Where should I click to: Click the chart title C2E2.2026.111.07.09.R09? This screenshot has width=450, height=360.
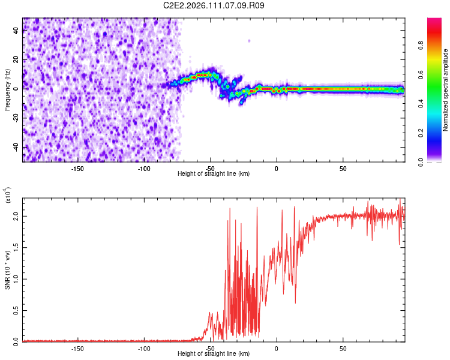click(214, 5)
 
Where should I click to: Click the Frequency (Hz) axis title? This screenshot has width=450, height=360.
click(7, 90)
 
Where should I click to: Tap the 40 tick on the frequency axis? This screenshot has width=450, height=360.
click(17, 31)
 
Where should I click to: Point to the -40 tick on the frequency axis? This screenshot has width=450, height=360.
click(17, 147)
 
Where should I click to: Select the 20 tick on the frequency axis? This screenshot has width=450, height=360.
click(17, 60)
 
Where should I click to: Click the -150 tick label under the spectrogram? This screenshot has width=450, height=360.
click(77, 169)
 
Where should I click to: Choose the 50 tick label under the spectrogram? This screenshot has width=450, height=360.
click(343, 169)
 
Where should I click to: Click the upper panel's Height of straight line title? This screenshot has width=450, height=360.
click(214, 173)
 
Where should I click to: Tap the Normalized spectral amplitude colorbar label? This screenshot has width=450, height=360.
click(445, 90)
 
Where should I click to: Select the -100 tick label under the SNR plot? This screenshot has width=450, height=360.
click(143, 349)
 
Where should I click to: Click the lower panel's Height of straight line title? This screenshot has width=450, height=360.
click(214, 353)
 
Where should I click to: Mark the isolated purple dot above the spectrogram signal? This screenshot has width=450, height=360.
click(249, 41)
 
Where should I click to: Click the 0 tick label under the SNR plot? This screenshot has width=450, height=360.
click(277, 349)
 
